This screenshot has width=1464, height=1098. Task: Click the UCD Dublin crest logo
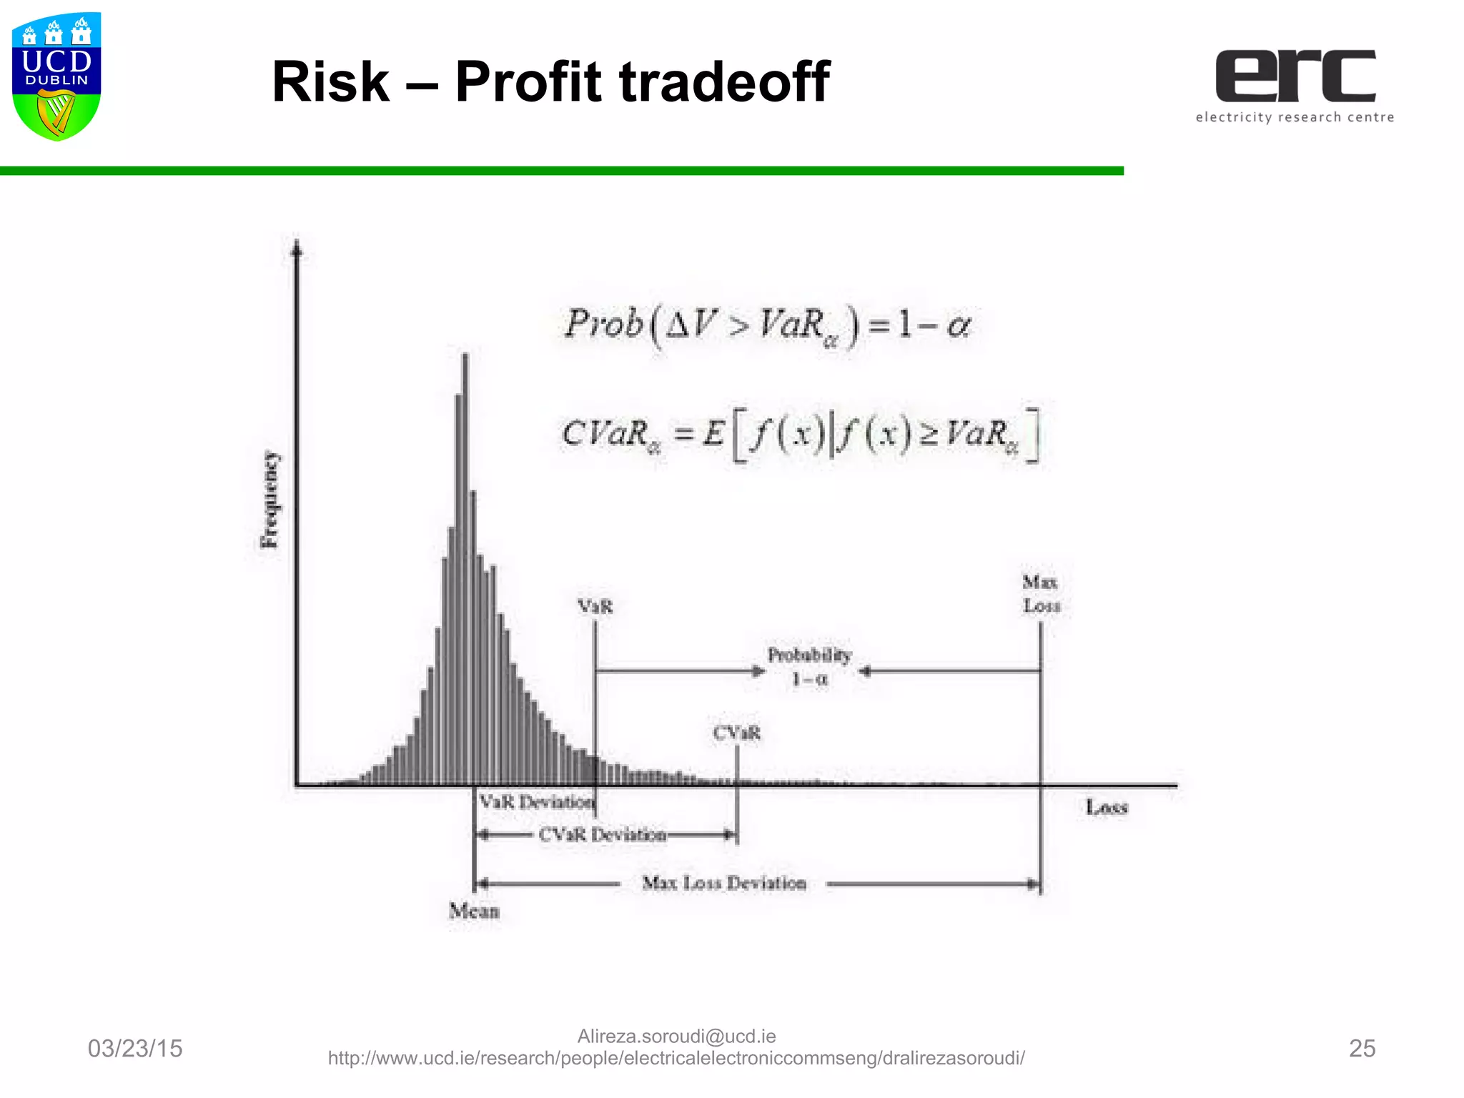coord(56,76)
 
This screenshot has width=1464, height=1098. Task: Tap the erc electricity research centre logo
coord(1295,85)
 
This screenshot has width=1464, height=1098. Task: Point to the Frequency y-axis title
coord(269,500)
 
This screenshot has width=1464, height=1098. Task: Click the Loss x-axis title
coord(1107,807)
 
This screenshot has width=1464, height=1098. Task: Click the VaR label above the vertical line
coord(595,607)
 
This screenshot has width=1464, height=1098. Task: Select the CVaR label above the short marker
coord(736,733)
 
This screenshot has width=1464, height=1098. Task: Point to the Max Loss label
coord(1041,594)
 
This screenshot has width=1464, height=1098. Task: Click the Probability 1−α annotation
coord(810,666)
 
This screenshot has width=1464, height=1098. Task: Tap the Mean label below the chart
coord(474,911)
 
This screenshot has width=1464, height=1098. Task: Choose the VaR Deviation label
coord(536,802)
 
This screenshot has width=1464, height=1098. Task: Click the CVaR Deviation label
coord(602,834)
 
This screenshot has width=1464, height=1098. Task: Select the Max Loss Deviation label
coord(724,884)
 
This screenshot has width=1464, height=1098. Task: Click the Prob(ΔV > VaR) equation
coord(767,326)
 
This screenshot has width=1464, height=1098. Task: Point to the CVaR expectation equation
coord(799,434)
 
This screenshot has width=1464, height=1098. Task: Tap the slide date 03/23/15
coord(135,1049)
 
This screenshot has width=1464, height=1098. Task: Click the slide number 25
coord(1362,1049)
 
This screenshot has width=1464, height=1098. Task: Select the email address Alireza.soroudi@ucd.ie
coord(676,1036)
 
